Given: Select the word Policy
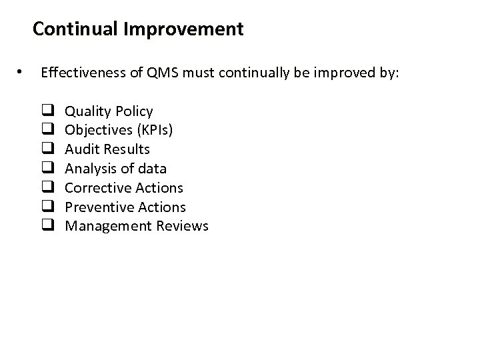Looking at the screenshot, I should tap(134, 111).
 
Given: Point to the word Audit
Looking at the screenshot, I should tap(80, 149).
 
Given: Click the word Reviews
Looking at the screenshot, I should tap(182, 226).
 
